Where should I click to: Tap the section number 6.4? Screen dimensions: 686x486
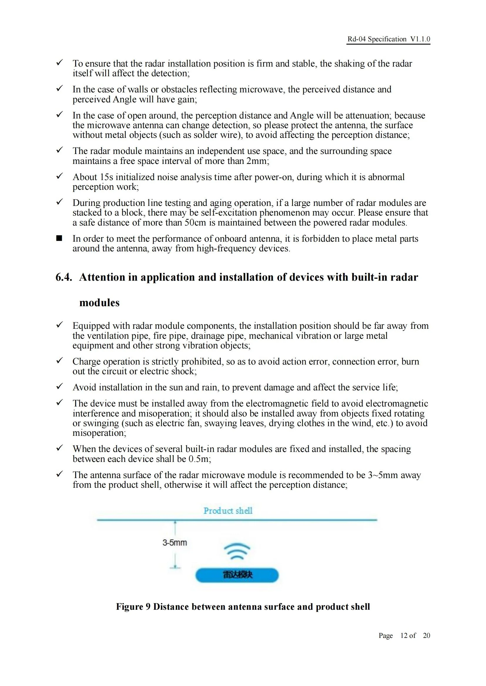click(x=64, y=277)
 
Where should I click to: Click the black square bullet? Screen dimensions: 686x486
click(x=59, y=238)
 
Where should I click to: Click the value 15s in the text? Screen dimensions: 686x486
click(x=106, y=177)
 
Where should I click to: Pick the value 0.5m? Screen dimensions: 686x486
click(x=199, y=459)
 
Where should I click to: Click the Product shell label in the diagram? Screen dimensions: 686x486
click(x=228, y=511)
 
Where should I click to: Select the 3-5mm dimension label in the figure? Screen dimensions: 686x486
click(x=175, y=543)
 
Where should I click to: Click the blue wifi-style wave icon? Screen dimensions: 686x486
click(x=237, y=552)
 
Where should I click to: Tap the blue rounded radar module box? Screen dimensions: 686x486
click(x=237, y=575)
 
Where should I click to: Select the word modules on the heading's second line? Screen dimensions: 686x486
click(x=99, y=303)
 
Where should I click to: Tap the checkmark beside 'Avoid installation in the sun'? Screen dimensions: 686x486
click(x=60, y=386)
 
